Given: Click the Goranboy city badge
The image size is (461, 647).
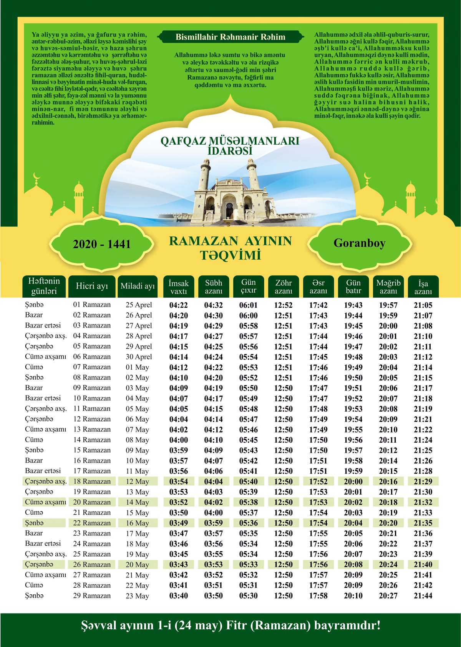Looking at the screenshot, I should [359, 243].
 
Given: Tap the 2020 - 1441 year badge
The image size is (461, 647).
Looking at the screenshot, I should [102, 244].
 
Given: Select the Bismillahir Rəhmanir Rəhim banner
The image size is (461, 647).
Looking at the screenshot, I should [230, 37].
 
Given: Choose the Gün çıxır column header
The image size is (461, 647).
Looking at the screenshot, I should [248, 286].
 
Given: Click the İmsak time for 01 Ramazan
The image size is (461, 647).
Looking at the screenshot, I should [179, 305].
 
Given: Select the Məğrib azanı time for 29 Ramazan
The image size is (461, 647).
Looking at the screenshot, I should [388, 596].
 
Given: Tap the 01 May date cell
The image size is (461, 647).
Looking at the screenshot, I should [137, 367].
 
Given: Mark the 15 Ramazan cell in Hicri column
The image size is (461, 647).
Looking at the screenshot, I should [92, 450].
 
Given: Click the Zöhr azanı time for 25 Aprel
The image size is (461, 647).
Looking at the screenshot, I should [283, 305].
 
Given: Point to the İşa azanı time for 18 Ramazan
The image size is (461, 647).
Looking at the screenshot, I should [423, 482].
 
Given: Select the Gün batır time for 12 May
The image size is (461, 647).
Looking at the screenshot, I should [353, 482].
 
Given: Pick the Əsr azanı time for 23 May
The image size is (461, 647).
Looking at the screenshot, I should [318, 596].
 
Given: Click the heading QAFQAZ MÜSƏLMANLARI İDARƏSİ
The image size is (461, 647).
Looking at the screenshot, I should [230, 145].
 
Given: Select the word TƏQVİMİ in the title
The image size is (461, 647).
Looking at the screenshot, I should [230, 255].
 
